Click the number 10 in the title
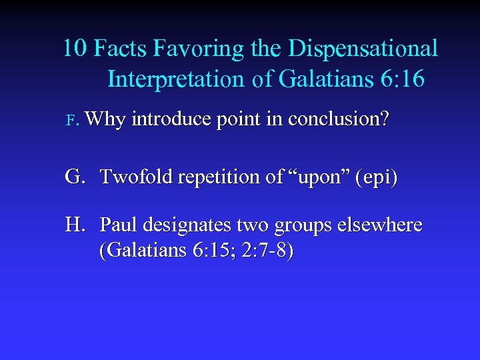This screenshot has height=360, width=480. click(75, 49)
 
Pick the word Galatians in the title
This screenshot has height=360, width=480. click(312, 80)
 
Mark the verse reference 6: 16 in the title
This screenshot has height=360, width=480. click(399, 80)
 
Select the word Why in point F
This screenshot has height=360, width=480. click(105, 120)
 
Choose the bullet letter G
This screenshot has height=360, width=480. click(75, 177)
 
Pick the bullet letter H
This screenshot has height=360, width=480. click(75, 225)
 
